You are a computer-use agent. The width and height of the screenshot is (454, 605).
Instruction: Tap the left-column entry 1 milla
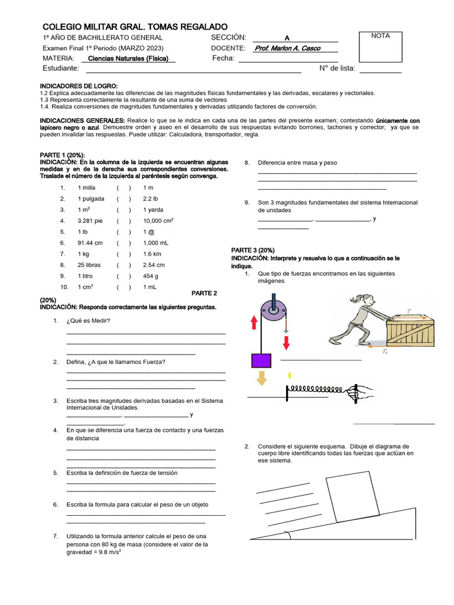coord(86,187)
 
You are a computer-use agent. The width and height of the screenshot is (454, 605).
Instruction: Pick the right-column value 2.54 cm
coord(154,265)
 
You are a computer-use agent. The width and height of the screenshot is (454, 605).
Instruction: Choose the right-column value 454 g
coord(151,276)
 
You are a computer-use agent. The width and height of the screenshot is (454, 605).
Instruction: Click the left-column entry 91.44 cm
coord(90,243)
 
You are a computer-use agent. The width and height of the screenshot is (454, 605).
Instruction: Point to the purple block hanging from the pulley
coord(261,360)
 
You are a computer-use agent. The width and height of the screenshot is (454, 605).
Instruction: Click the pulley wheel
coord(274,309)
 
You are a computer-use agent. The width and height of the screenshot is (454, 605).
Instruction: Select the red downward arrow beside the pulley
coord(287,342)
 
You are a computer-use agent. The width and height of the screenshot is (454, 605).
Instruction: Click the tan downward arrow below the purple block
coord(261,376)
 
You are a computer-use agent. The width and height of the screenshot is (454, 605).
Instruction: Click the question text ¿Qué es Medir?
coord(89,321)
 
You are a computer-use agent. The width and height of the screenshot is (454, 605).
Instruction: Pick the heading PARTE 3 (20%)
coord(252,250)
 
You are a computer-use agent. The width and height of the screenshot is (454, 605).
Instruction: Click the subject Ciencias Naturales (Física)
coord(128,58)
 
